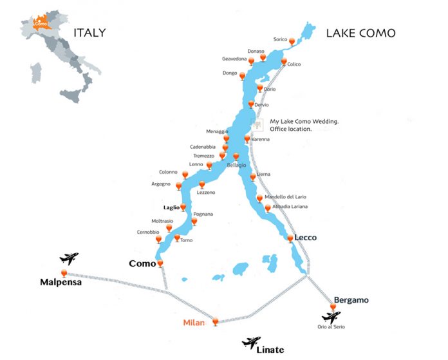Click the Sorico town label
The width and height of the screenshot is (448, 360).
tap(280, 39)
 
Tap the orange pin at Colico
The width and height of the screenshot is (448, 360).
tap(284, 62)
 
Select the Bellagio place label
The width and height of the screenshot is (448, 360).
tap(236, 166)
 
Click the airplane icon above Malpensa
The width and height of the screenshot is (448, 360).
tap(69, 259)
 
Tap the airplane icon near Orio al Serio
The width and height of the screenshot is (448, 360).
tap(332, 317)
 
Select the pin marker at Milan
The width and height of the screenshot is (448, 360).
tap(215, 320)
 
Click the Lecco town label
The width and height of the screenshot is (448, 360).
tap(306, 238)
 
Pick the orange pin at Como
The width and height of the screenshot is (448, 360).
tap(160, 263)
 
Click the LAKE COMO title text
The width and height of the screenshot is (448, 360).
tap(360, 33)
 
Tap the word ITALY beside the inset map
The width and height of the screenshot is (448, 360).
tap(89, 33)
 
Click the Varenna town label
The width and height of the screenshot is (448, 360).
tap(261, 140)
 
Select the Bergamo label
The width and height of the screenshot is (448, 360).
tap(351, 300)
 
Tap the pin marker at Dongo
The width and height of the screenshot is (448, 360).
tap(242, 75)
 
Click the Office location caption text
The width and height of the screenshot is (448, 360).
tap(291, 129)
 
